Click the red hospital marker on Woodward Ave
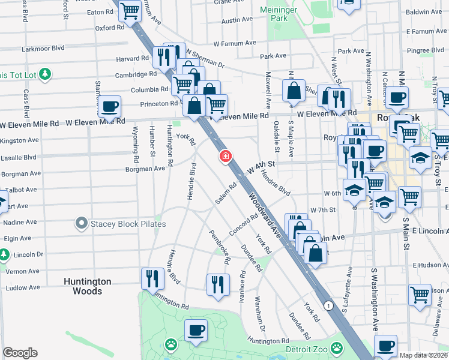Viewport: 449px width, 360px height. point(225,157)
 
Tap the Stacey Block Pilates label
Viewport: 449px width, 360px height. point(128,224)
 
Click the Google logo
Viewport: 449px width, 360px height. point(20,352)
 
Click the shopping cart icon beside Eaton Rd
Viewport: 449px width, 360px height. point(130,10)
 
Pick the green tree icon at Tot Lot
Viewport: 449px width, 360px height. point(45,74)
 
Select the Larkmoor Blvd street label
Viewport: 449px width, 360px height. point(43,47)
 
